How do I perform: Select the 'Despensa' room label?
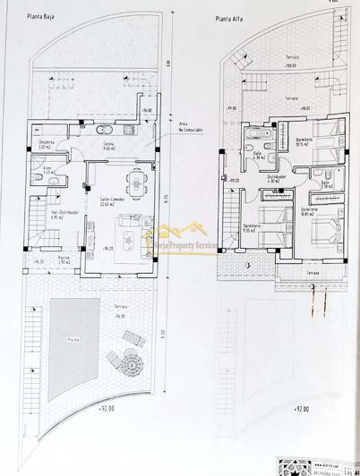tap(48, 144)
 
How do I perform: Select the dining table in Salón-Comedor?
tap(137, 183)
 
